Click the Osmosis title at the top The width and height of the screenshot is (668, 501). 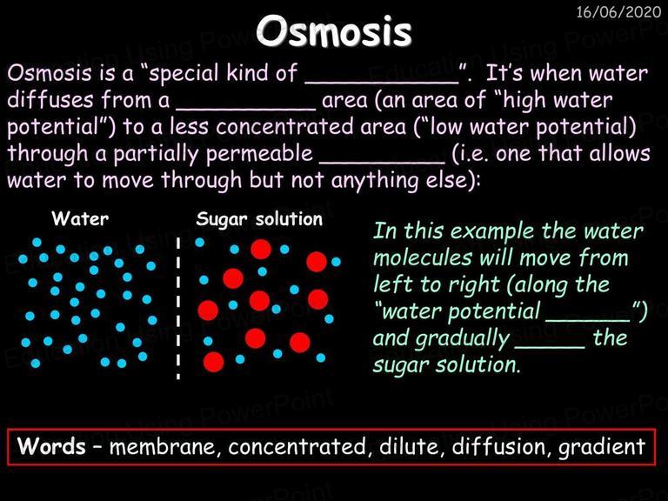[x=334, y=31]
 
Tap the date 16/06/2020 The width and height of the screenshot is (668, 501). [x=618, y=12]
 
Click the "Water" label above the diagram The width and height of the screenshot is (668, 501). [x=80, y=219]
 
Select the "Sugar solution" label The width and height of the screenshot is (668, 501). [x=259, y=220]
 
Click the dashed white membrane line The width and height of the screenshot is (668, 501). [x=178, y=308]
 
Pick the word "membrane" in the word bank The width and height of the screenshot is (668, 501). [x=165, y=446]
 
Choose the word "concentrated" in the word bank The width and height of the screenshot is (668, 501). [x=297, y=446]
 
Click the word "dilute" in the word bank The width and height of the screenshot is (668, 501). [x=409, y=446]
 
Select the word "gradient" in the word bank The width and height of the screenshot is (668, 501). [x=602, y=447]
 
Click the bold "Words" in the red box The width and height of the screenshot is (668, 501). [x=51, y=446]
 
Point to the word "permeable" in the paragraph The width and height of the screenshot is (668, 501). [x=259, y=154]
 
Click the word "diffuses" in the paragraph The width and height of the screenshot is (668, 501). [x=50, y=100]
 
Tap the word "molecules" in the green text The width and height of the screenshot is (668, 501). [x=423, y=257]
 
